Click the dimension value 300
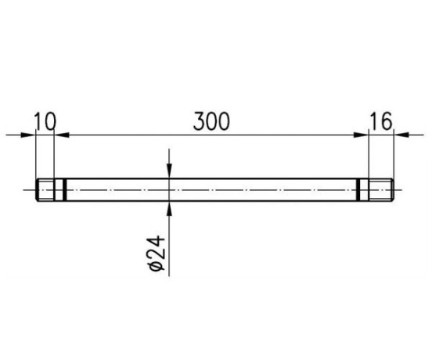pos(211,121)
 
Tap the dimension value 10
pos(45,121)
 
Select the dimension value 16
pos(380,121)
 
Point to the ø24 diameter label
pos(157,253)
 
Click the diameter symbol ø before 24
pos(157,265)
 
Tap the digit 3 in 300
pos(199,121)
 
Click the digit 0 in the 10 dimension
pos(50,121)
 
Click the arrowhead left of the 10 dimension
pos(29,135)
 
